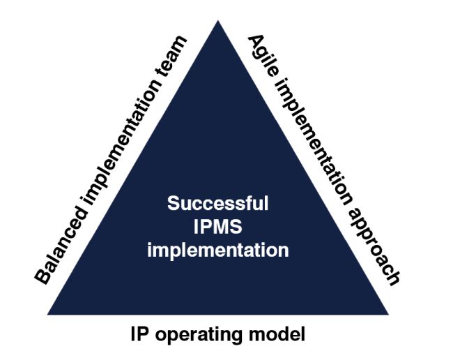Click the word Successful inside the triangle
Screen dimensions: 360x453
tap(217, 204)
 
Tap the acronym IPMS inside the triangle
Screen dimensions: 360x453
tap(217, 227)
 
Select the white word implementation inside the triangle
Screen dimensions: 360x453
tap(217, 250)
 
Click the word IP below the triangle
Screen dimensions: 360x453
tap(138, 334)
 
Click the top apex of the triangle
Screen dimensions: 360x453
tap(218, 22)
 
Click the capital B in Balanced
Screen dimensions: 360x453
tap(44, 276)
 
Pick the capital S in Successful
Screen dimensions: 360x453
tap(174, 204)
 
